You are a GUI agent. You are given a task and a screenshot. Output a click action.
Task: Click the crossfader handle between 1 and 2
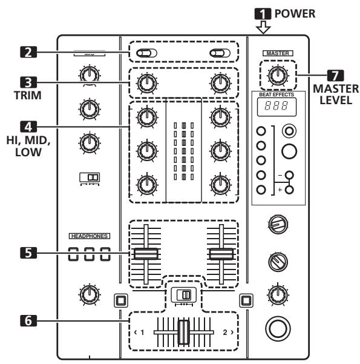(183, 334)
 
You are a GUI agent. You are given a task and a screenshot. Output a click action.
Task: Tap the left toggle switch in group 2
(146, 53)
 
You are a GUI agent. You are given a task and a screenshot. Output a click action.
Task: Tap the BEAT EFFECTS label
(277, 94)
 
